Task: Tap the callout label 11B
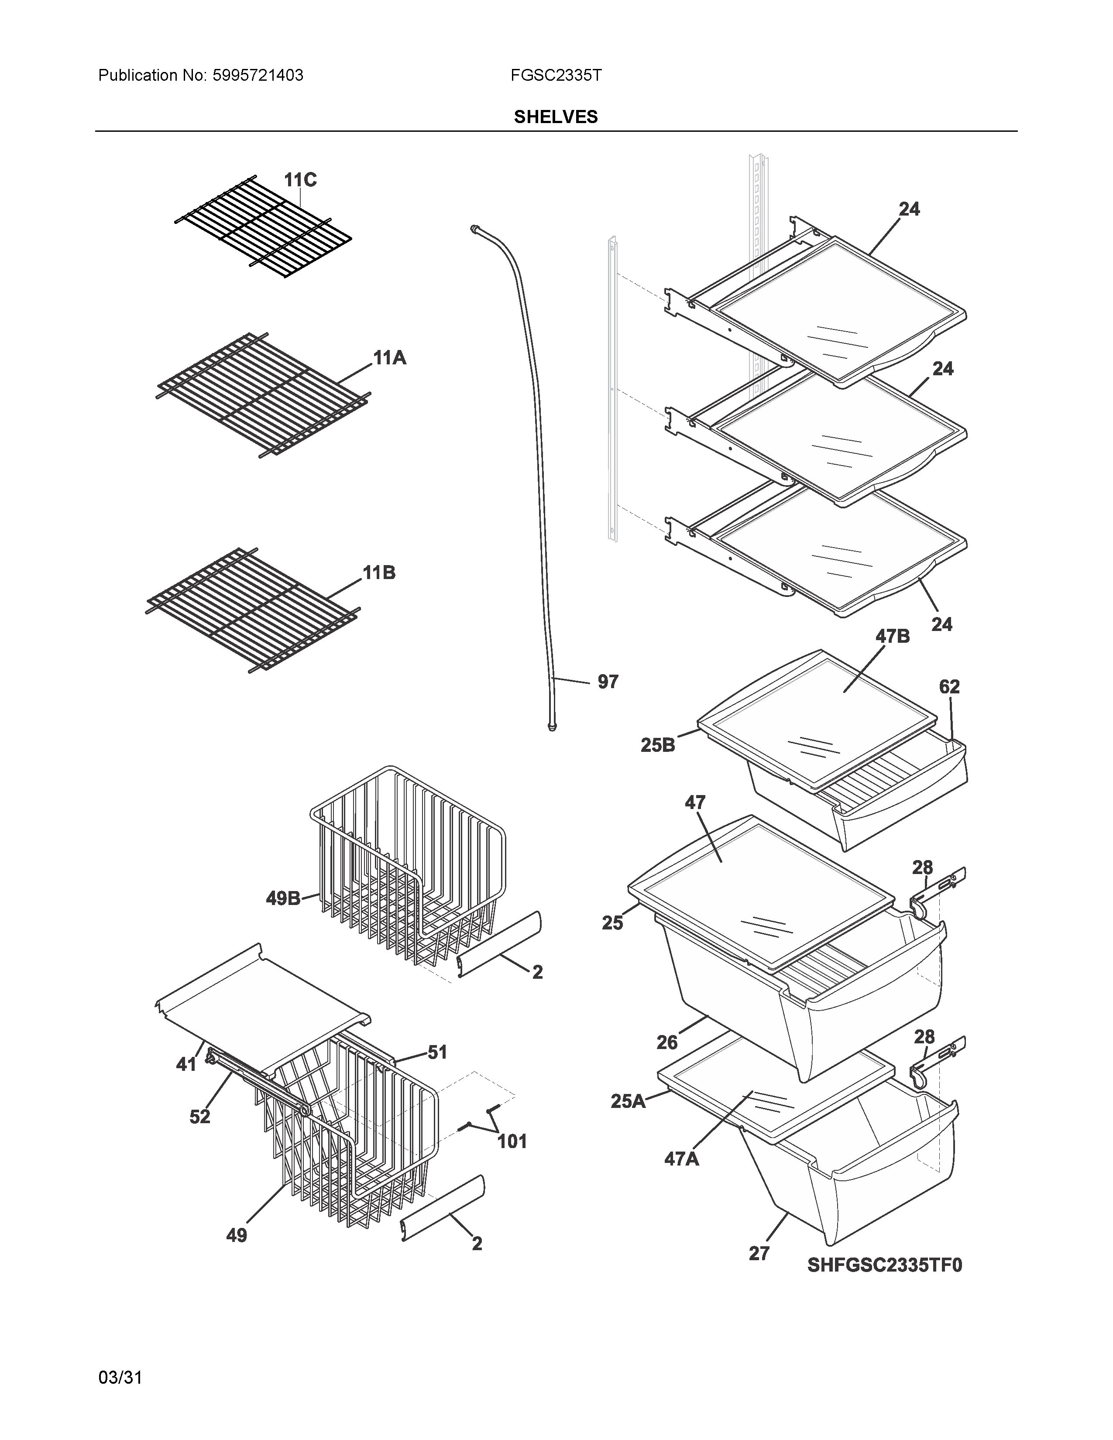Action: pos(379,573)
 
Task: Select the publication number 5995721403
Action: pos(258,76)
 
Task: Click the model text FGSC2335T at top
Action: pos(555,76)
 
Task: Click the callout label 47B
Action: pos(892,636)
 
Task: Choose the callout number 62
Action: pos(949,686)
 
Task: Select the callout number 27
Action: pos(759,1253)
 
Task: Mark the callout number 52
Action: pos(200,1116)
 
